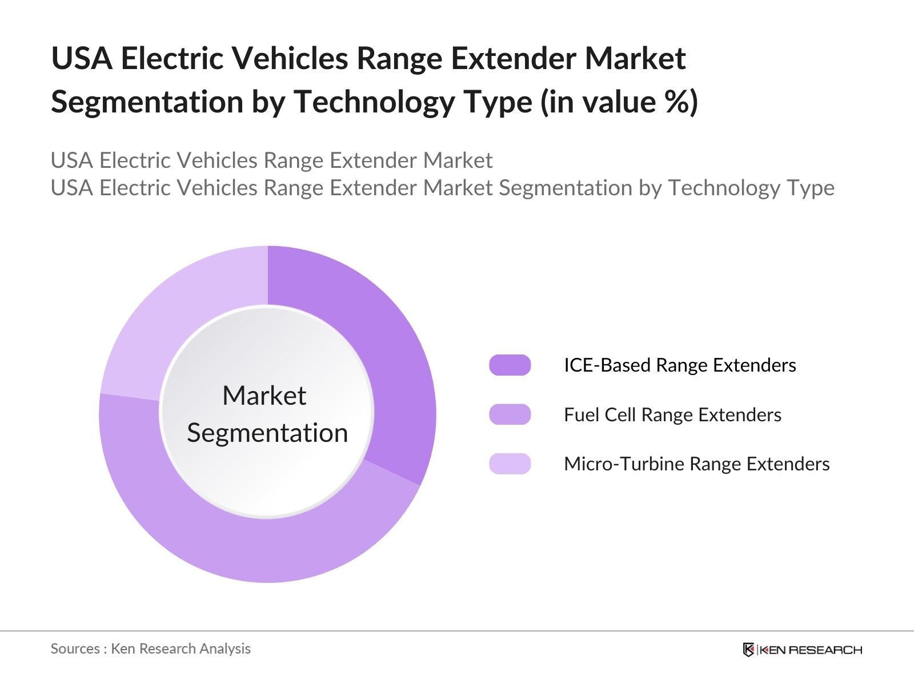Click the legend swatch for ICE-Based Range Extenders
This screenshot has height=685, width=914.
pyautogui.click(x=510, y=365)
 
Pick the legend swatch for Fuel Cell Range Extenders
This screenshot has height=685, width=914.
pyautogui.click(x=510, y=414)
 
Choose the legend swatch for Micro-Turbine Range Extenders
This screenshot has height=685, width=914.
pyautogui.click(x=510, y=464)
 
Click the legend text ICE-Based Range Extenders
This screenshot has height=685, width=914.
pyautogui.click(x=679, y=365)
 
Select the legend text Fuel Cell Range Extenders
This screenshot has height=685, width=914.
pyautogui.click(x=672, y=414)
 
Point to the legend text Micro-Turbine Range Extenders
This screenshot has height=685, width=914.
pyautogui.click(x=696, y=464)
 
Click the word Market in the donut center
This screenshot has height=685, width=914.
pyautogui.click(x=264, y=396)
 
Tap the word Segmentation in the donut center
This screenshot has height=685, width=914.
pyautogui.click(x=267, y=433)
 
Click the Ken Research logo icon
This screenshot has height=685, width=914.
pyautogui.click(x=748, y=650)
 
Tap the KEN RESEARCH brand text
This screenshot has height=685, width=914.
pyautogui.click(x=811, y=650)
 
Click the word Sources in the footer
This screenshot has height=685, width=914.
pyautogui.click(x=75, y=648)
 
